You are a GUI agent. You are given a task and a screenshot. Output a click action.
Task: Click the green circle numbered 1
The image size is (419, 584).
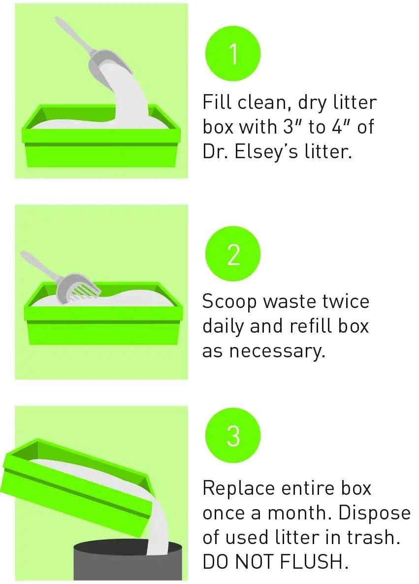point(233,54)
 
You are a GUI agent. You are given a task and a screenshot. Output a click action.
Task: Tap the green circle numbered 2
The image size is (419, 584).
point(233,254)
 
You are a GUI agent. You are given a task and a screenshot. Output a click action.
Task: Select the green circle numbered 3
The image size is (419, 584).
point(233,435)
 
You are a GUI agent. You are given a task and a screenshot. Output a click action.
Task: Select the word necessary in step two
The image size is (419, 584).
point(277,351)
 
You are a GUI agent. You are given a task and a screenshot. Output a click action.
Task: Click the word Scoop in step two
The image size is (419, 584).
point(229,301)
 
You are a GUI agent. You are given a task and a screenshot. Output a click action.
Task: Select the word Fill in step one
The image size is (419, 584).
point(216,102)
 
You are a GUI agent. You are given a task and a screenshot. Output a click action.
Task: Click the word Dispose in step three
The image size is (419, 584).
point(374,513)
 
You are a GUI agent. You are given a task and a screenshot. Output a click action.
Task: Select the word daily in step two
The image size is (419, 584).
point(224,327)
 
